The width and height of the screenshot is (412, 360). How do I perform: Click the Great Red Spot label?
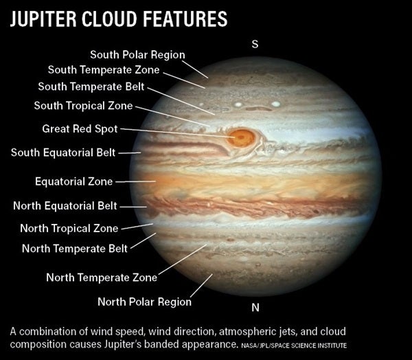click(x=80, y=129)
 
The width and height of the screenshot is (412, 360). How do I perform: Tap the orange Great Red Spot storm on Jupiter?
click(x=241, y=137)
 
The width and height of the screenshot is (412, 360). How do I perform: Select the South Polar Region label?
click(x=137, y=55)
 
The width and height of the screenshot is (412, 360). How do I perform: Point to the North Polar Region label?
click(x=144, y=302)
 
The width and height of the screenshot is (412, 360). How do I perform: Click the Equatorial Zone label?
click(x=74, y=181)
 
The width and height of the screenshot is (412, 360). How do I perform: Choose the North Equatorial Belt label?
click(x=65, y=205)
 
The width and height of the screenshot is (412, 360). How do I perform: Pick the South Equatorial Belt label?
click(x=63, y=153)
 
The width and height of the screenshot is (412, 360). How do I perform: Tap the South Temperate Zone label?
click(x=104, y=69)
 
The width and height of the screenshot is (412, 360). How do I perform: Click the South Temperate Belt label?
click(x=91, y=87)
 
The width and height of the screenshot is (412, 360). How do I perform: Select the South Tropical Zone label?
click(x=83, y=105)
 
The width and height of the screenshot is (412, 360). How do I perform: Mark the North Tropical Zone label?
click(x=69, y=228)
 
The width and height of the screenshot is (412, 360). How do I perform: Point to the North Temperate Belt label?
click(x=75, y=249)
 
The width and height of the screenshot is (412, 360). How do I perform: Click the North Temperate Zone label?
click(x=102, y=278)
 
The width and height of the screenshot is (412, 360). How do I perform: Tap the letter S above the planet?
click(x=255, y=44)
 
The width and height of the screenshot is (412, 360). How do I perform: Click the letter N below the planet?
click(x=255, y=307)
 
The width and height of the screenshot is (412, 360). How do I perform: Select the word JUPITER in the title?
click(x=43, y=19)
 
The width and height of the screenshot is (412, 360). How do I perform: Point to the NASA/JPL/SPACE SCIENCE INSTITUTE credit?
click(x=294, y=346)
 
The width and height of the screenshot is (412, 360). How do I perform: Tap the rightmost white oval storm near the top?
click(x=276, y=104)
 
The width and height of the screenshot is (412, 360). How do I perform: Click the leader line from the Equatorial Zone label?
click(x=135, y=181)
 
